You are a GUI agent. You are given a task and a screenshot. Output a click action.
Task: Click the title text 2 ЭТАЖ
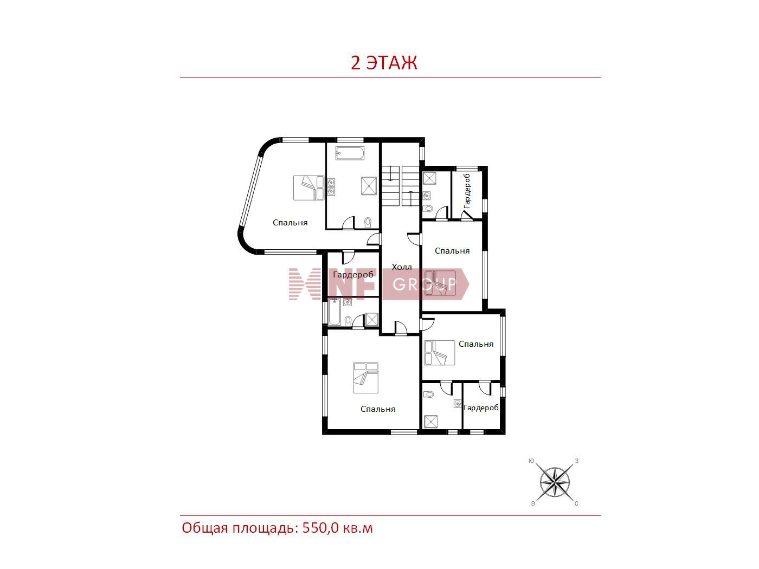[x=384, y=63]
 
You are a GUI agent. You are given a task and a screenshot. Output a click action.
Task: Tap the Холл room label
[x=402, y=267]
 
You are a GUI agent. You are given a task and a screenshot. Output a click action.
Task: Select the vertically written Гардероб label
[x=467, y=191]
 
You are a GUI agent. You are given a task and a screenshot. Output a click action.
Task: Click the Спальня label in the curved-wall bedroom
[x=290, y=223]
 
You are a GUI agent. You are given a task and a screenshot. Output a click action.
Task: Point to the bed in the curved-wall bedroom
[x=309, y=187]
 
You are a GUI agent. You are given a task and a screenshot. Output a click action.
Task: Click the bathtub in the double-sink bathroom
[x=350, y=153]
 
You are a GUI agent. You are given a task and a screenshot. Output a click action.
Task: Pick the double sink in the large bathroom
[x=331, y=186]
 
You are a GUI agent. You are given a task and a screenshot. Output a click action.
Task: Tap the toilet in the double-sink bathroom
[x=368, y=223]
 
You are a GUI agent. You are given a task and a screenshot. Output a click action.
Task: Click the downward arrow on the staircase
[x=391, y=173]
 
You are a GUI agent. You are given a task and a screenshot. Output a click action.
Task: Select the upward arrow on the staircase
[x=410, y=198]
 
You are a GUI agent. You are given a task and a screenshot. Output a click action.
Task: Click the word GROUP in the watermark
[x=424, y=284]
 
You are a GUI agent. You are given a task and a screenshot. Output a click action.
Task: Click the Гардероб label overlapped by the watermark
[x=353, y=275]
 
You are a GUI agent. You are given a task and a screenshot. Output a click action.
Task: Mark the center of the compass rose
[x=555, y=482]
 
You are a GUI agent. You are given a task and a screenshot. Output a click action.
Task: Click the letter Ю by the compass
[x=531, y=461]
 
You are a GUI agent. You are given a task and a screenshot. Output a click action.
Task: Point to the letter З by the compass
[x=577, y=461]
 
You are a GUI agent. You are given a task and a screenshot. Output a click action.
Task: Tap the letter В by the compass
[x=533, y=504]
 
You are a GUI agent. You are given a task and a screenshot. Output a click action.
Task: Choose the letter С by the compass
[x=576, y=504]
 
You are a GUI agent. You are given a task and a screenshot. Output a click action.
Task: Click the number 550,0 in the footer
[x=320, y=528]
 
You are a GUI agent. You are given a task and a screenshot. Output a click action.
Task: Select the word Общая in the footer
[x=205, y=528]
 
